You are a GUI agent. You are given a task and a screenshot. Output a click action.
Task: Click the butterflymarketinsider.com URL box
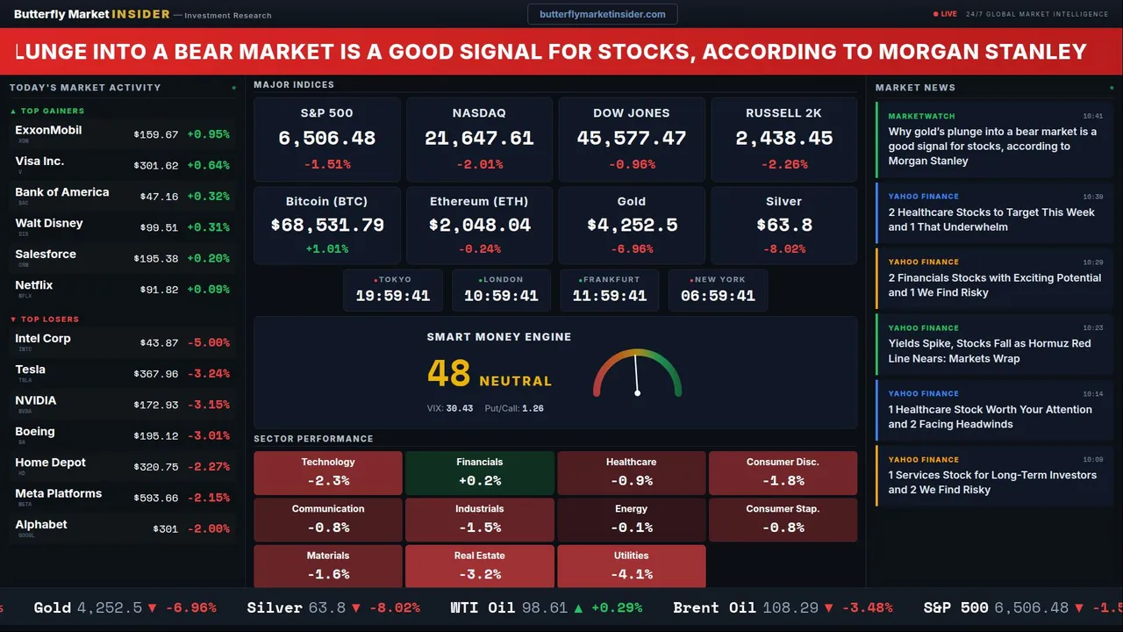(x=602, y=14)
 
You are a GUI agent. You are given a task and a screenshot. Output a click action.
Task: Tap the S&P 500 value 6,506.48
(x=326, y=139)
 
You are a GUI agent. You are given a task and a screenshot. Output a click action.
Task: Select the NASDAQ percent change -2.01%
(x=479, y=164)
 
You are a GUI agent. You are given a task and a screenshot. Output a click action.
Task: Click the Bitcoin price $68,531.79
(x=327, y=226)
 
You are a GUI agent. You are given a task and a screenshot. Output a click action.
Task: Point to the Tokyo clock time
(x=392, y=296)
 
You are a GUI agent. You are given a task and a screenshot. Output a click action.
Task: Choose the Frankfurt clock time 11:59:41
(x=609, y=296)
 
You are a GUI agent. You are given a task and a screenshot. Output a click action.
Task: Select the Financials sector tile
(x=479, y=472)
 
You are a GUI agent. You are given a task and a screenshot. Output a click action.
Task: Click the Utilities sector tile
(x=631, y=566)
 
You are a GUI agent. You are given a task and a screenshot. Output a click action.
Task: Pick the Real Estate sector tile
(x=479, y=566)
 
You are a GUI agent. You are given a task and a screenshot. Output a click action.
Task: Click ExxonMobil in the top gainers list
(x=48, y=131)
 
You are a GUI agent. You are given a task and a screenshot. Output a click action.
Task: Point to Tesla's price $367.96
(x=155, y=374)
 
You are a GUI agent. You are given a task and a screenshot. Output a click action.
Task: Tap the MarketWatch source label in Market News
(x=921, y=116)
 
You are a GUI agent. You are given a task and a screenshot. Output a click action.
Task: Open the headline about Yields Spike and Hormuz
(x=989, y=351)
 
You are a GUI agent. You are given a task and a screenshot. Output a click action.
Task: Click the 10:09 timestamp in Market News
(x=1092, y=459)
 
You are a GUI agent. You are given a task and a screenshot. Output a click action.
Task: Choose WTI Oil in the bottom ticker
(x=482, y=607)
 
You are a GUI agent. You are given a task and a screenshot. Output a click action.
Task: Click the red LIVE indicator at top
(x=946, y=14)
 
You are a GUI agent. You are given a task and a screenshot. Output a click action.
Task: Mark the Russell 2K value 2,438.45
(x=783, y=139)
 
